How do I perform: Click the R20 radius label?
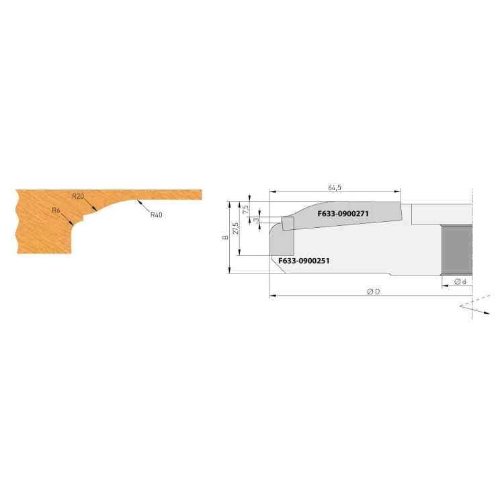click(78, 196)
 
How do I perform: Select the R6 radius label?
click(56, 210)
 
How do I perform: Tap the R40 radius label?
click(156, 215)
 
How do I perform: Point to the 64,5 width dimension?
click(335, 187)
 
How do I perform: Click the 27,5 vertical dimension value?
click(236, 228)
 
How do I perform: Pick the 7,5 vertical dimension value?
click(246, 210)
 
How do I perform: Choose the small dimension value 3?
click(256, 220)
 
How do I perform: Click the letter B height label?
click(225, 237)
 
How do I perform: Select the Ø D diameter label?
click(373, 292)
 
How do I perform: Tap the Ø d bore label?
click(460, 282)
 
